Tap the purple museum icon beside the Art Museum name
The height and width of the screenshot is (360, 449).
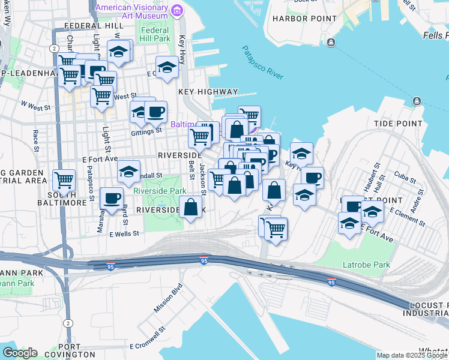(x=177, y=10)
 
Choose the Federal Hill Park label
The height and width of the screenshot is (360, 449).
(x=155, y=34)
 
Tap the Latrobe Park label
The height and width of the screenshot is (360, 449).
(x=366, y=265)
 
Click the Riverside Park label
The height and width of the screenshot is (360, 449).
(x=160, y=191)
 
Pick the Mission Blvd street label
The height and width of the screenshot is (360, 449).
(x=167, y=298)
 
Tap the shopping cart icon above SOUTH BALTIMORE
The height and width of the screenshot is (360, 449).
(x=64, y=179)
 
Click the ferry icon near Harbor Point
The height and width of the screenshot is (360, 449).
(x=331, y=41)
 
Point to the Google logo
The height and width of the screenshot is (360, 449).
(x=20, y=353)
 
